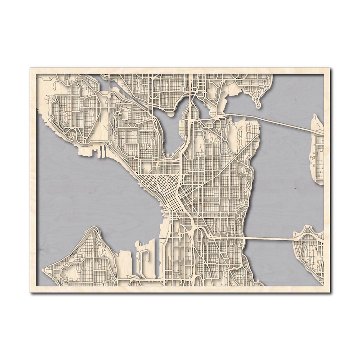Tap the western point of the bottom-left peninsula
click(44, 270)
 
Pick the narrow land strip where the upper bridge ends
click(317, 148)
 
